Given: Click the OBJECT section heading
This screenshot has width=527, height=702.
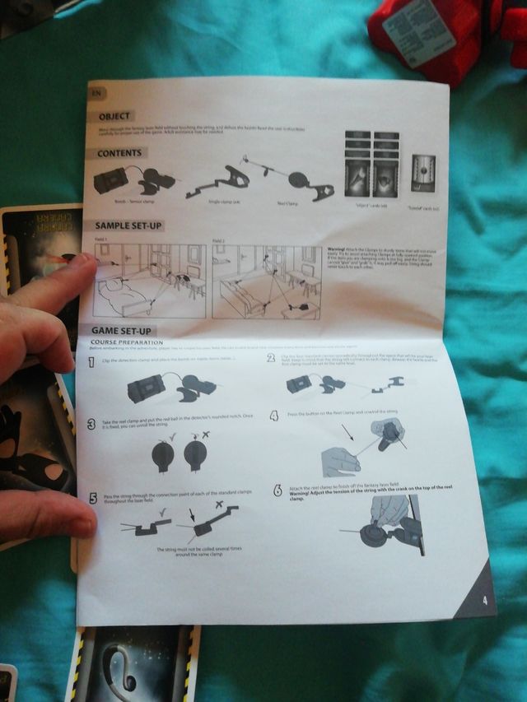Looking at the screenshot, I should pyautogui.click(x=116, y=116).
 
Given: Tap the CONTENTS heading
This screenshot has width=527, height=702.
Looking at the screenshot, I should pyautogui.click(x=120, y=153).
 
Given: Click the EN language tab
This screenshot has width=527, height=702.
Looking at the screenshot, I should pyautogui.click(x=96, y=91).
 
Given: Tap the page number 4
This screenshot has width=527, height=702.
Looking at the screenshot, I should pyautogui.click(x=485, y=600).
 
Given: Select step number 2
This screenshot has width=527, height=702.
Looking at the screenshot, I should pyautogui.click(x=271, y=357).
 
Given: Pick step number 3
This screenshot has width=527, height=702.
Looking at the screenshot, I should pyautogui.click(x=91, y=424).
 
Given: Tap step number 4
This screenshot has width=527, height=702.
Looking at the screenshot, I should pyautogui.click(x=273, y=416).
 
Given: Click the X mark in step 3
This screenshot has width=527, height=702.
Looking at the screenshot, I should pyautogui.click(x=205, y=433).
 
